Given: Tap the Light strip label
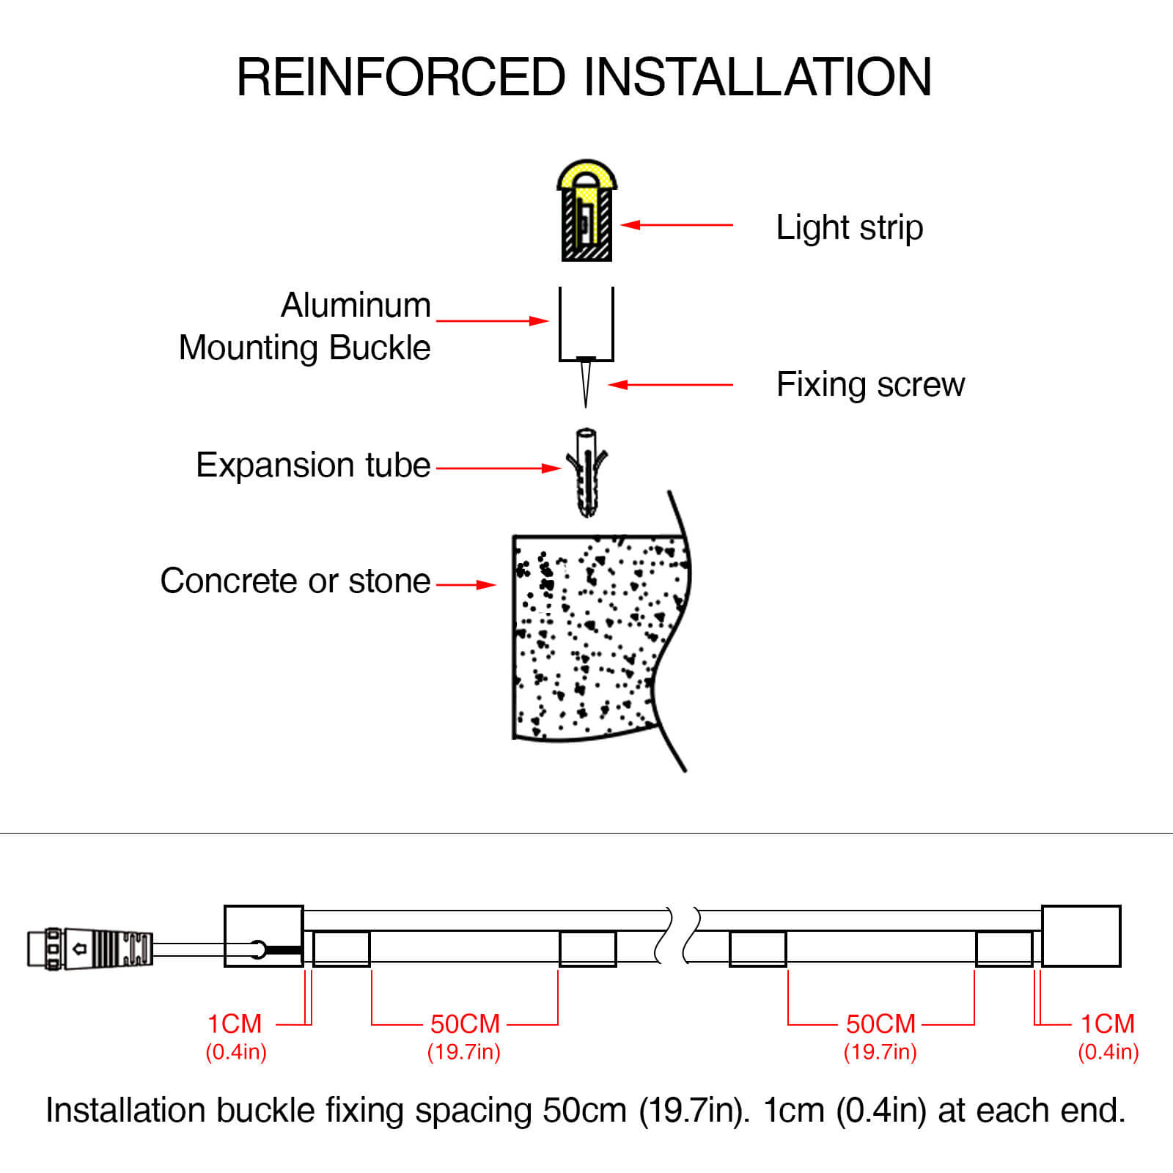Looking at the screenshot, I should click(x=849, y=227).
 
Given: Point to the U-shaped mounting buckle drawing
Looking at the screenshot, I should click(x=586, y=326).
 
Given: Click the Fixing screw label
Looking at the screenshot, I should click(x=870, y=385).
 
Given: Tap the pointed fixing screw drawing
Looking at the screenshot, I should click(x=585, y=381).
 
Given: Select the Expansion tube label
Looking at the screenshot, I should click(x=313, y=466).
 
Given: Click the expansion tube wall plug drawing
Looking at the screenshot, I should click(x=586, y=473).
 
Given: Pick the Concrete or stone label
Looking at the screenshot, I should click(x=295, y=581).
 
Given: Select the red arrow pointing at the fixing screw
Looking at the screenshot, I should click(x=670, y=385).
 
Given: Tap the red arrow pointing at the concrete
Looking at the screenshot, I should click(x=466, y=585).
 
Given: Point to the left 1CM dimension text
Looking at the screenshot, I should click(x=235, y=1023).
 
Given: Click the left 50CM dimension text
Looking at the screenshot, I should click(x=465, y=1023).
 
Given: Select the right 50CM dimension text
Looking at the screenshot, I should click(x=880, y=1023).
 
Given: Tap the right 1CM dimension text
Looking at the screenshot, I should click(x=1107, y=1023).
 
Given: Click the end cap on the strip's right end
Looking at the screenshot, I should click(x=1081, y=936).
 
